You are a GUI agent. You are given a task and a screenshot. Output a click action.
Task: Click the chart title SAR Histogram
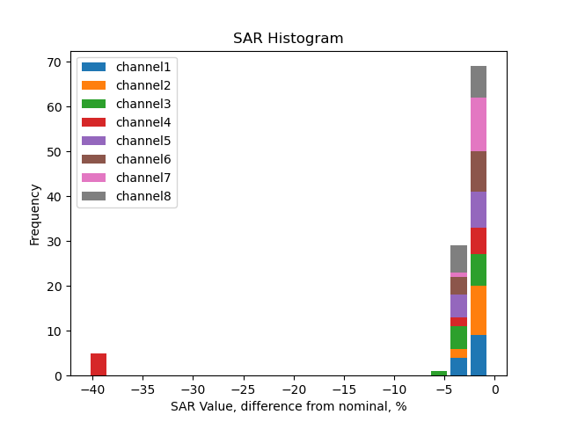(288, 39)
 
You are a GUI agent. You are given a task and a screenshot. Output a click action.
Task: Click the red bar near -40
(99, 364)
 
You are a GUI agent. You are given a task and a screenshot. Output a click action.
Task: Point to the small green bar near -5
(439, 373)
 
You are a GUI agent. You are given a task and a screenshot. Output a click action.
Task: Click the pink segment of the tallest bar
(479, 124)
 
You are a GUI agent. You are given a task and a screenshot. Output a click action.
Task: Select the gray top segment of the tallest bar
(479, 82)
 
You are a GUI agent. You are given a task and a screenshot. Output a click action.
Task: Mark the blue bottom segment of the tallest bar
(479, 355)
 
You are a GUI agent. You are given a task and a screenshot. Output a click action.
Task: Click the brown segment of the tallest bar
(479, 171)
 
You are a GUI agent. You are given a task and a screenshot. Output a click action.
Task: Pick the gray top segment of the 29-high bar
(458, 258)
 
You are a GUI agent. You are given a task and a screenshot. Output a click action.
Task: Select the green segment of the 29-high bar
(458, 338)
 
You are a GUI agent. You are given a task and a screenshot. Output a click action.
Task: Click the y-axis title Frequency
(35, 214)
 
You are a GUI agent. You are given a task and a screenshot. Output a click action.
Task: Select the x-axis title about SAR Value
(288, 406)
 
